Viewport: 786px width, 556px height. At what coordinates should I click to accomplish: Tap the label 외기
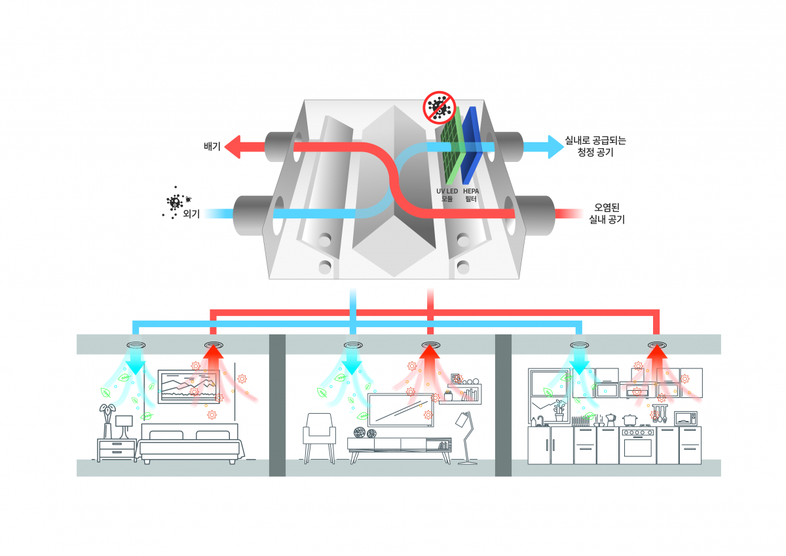(191, 213)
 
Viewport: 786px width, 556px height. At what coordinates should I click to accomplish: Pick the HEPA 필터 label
(472, 194)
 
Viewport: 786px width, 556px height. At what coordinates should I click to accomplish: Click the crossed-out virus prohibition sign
(438, 107)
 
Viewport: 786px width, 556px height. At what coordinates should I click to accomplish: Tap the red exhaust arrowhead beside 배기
(233, 147)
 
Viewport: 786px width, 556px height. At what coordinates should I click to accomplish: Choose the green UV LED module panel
(451, 144)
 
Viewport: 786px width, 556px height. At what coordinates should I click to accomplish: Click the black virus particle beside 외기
(175, 203)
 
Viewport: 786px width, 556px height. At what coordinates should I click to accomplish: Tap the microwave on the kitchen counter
(685, 418)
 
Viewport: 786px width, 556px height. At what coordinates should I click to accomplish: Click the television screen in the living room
(401, 410)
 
